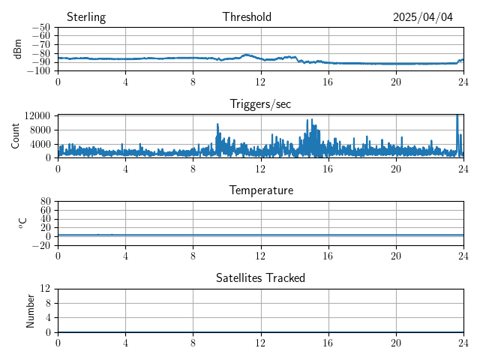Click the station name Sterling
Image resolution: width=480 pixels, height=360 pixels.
click(85, 17)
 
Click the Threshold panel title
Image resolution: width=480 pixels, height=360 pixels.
click(247, 17)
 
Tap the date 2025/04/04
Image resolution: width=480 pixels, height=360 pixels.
click(423, 17)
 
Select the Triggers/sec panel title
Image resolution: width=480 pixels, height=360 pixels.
click(260, 104)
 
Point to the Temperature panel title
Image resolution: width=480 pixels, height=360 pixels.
click(261, 190)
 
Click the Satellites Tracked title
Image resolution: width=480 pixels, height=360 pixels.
click(261, 277)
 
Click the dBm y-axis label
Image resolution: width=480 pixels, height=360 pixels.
click(18, 49)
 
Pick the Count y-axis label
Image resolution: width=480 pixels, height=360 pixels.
click(16, 136)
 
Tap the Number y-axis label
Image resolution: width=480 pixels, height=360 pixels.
click(30, 310)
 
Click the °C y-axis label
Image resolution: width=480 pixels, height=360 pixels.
click(22, 223)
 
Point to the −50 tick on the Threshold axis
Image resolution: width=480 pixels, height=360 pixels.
click(41, 28)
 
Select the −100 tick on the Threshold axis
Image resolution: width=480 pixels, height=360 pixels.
click(39, 70)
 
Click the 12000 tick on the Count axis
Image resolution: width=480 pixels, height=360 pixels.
click(37, 115)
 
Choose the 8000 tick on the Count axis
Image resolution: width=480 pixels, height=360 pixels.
click(39, 130)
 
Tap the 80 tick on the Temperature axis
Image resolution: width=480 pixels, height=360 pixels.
click(45, 202)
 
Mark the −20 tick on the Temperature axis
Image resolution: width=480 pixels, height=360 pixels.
click(41, 245)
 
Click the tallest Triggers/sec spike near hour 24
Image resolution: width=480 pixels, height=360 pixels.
click(457, 117)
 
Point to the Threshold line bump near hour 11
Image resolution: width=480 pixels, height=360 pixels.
click(246, 55)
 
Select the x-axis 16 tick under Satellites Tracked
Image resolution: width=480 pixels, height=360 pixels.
click(328, 342)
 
